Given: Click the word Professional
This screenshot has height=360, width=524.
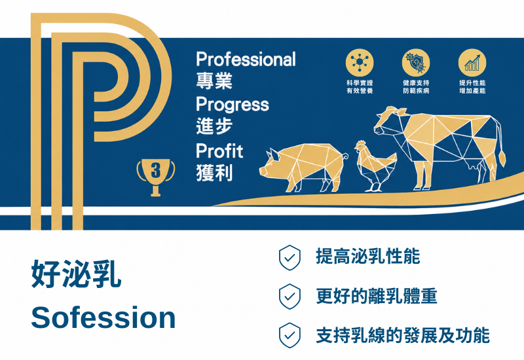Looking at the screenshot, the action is tap(246, 59).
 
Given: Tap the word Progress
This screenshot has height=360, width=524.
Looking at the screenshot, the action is tap(233, 105).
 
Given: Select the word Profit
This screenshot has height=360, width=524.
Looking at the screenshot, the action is tap(219, 151).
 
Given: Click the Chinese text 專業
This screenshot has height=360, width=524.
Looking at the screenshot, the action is tap(214, 81).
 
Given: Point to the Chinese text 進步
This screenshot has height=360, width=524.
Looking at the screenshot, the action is tap(214, 126).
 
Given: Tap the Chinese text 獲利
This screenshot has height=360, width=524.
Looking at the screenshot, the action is tap(214, 173).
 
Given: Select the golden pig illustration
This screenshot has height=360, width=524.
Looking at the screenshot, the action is tap(303, 167).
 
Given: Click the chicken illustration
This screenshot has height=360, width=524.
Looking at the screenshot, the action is tap(375, 166).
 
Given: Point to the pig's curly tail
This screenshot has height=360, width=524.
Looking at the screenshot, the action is tap(345, 156).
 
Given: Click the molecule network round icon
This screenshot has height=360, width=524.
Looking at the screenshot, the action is tap(360, 62).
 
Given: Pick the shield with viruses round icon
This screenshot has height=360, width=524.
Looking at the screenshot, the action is tap(416, 62).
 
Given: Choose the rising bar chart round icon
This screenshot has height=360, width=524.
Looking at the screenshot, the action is tap(472, 62).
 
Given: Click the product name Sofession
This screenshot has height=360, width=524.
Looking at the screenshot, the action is tap(103, 317).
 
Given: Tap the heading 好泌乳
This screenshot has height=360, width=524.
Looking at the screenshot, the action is tap(76, 274).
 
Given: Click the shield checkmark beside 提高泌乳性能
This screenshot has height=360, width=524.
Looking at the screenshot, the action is tap(290, 257).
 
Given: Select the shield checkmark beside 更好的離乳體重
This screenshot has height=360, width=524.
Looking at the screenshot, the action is tap(290, 297).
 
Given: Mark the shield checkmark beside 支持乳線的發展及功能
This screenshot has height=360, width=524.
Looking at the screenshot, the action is tap(290, 335).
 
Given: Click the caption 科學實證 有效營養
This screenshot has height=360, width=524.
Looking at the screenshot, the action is tap(360, 87).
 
